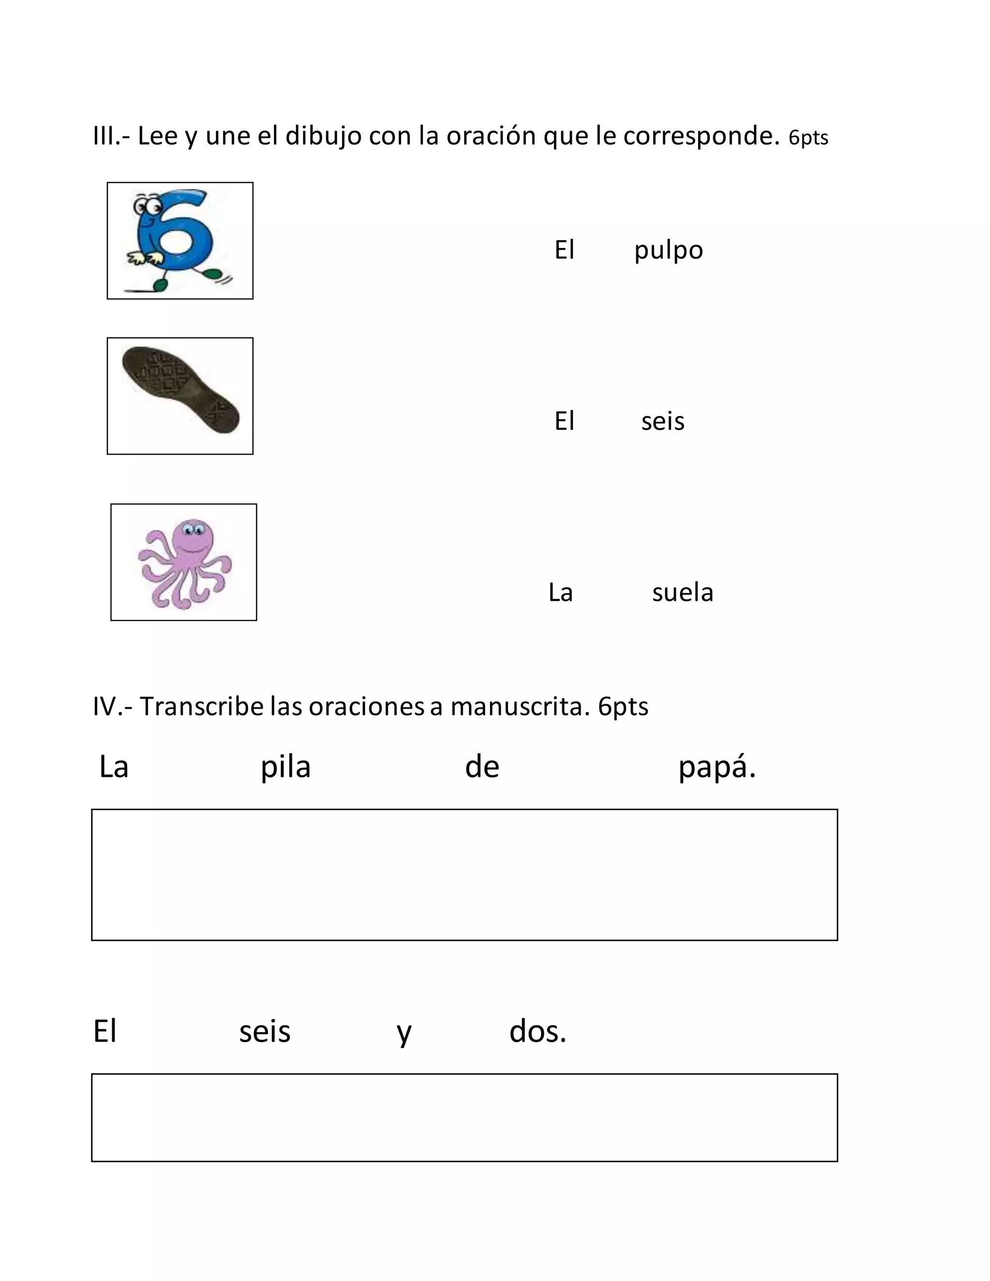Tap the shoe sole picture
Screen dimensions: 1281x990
180,390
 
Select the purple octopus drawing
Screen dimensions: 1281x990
185,563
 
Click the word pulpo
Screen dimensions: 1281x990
668,251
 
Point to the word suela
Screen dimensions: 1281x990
682,593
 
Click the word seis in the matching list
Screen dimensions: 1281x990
662,422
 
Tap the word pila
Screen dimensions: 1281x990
285,768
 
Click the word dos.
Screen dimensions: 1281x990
537,1032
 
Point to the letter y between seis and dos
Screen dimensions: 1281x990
404,1034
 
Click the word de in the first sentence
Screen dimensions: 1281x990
481,767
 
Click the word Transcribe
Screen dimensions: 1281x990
201,707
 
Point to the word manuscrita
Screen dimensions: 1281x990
519,707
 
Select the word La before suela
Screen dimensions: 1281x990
560,593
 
